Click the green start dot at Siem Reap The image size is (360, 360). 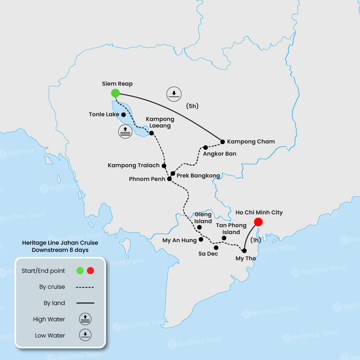click(x=115, y=93)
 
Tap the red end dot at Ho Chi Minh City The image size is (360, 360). click(x=258, y=222)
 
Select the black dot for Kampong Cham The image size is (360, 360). click(x=222, y=142)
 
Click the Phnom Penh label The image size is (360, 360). click(x=147, y=179)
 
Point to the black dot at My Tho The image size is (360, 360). click(x=244, y=251)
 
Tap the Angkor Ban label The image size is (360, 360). click(x=219, y=154)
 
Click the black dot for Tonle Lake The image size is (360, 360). click(x=123, y=115)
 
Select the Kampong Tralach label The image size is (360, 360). click(x=133, y=165)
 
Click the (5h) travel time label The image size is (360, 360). click(x=192, y=106)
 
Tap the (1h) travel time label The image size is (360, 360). click(x=256, y=240)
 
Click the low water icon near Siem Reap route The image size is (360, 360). click(x=174, y=94)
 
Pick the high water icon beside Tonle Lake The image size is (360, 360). click(x=125, y=132)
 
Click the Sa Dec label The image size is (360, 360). click(x=208, y=254)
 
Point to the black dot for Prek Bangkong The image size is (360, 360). click(x=173, y=173)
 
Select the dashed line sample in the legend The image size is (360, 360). click(x=85, y=287)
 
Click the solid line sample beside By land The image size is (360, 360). click(x=85, y=303)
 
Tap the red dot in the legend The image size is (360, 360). click(x=90, y=271)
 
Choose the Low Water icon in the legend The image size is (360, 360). click(x=85, y=335)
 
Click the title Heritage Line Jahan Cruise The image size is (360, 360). click(x=60, y=243)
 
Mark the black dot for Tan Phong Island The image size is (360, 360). click(x=224, y=238)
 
